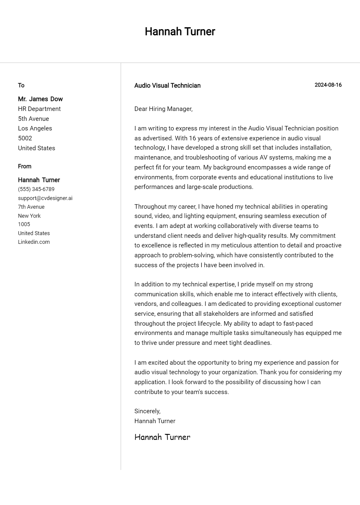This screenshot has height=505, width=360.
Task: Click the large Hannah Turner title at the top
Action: [x=180, y=31]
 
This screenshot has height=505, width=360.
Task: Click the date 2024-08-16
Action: [x=328, y=85]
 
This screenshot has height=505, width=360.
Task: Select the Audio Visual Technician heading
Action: [x=167, y=85]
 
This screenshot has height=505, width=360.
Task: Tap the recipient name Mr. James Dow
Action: [x=40, y=99]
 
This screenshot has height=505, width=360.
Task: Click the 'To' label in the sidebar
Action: [x=21, y=85]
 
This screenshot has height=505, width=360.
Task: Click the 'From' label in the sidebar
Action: [x=25, y=166]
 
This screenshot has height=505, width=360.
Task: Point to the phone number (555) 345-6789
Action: [x=36, y=189]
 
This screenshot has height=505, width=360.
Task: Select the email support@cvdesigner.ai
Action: [x=45, y=198]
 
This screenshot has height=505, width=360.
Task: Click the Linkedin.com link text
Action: [x=34, y=242]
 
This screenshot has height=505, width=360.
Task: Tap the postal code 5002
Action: [x=25, y=138]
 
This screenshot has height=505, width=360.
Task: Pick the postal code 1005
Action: [x=24, y=224]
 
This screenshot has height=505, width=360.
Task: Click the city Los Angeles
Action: [x=35, y=128]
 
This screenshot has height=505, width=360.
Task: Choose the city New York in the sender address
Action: [x=29, y=216]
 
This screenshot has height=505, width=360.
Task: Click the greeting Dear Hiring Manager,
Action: [x=163, y=109]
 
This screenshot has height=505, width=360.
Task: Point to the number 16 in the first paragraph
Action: [x=192, y=138]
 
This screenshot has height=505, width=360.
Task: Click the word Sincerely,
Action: [x=147, y=411]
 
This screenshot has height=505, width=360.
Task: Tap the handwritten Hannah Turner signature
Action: [x=162, y=437]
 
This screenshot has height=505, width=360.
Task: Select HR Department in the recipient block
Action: [x=39, y=109]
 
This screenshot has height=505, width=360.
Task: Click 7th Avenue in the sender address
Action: [x=31, y=207]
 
